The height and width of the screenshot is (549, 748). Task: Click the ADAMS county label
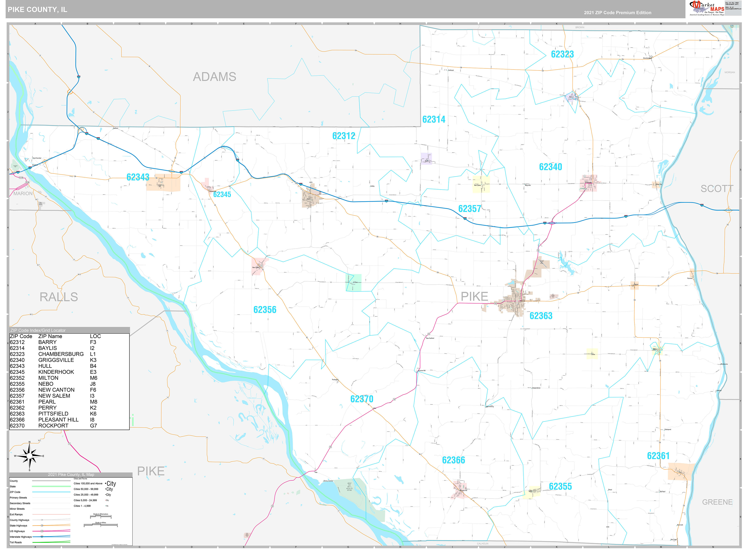214,77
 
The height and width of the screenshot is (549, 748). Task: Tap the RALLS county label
59,297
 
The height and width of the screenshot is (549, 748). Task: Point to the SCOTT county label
717,189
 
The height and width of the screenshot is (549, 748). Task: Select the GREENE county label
717,502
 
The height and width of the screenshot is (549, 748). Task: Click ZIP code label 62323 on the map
562,54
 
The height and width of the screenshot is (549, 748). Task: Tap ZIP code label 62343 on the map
138,177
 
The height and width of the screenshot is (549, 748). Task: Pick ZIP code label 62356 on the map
265,310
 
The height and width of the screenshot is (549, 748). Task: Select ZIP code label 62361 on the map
658,456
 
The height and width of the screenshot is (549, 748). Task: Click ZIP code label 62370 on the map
361,399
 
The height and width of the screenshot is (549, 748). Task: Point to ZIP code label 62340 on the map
550,167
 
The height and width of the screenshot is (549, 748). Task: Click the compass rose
30,456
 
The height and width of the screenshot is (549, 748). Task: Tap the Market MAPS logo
706,8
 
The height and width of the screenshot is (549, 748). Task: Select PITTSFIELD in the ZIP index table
53,414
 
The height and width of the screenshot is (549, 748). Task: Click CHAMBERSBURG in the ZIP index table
61,354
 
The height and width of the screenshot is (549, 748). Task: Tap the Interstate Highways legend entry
21,537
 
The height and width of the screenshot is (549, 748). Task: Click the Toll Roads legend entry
16,542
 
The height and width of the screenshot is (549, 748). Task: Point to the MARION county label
23,193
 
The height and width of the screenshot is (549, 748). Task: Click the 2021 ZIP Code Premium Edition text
617,13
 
